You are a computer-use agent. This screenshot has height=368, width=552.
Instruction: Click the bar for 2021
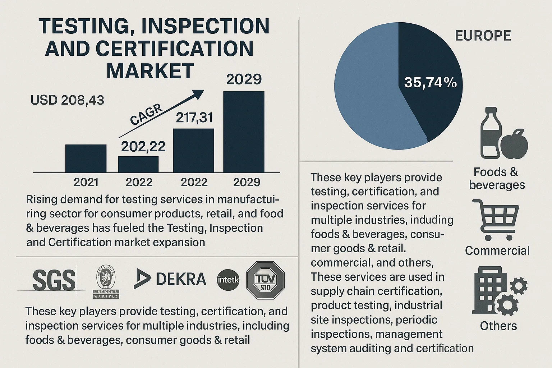(86, 158)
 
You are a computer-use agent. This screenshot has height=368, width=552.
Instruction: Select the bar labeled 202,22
(138, 164)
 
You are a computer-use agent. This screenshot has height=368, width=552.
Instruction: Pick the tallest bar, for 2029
(244, 132)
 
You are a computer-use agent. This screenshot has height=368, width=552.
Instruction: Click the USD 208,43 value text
(67, 100)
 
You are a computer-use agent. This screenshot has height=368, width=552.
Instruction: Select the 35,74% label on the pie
(430, 83)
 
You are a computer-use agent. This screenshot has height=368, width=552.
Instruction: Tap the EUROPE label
(483, 36)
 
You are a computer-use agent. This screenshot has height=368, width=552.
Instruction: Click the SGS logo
(54, 280)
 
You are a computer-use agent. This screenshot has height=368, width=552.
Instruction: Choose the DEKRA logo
(170, 279)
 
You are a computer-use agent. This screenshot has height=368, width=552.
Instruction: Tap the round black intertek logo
(228, 280)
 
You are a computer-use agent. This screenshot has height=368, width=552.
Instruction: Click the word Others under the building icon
(498, 326)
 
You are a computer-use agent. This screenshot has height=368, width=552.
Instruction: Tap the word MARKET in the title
(150, 71)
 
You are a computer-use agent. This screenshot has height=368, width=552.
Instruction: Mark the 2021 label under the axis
(86, 182)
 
